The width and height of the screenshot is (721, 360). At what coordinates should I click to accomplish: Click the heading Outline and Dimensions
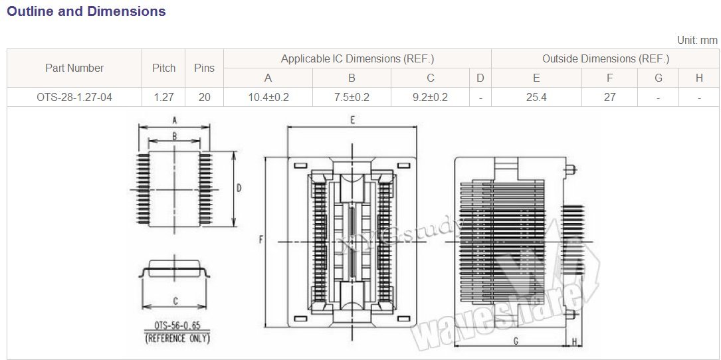tap(86, 11)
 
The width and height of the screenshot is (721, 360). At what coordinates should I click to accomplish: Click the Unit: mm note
tap(697, 40)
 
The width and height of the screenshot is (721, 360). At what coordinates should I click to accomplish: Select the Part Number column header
tap(74, 68)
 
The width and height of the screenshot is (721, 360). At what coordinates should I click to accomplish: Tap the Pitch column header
tap(164, 68)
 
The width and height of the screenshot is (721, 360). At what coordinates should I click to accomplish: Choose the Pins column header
tap(204, 68)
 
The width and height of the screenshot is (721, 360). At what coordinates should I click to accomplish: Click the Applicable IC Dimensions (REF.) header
tap(357, 58)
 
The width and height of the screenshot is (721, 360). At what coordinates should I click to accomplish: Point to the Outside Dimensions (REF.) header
tap(605, 58)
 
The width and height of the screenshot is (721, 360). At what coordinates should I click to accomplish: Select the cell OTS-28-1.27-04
tap(74, 97)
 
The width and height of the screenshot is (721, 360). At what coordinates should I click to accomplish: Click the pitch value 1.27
tap(163, 97)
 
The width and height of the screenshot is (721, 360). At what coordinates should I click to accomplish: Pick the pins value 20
tap(204, 97)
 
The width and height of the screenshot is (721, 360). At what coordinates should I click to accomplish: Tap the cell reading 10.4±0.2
tap(268, 97)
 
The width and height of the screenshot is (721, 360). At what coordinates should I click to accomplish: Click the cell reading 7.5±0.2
tap(352, 97)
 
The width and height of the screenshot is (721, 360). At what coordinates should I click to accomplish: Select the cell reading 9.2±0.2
tap(430, 97)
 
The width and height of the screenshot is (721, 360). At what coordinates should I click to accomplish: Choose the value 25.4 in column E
tap(536, 97)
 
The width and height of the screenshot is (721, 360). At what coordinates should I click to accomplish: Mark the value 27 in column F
tap(609, 97)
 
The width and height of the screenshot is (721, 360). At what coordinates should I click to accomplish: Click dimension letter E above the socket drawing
tap(352, 120)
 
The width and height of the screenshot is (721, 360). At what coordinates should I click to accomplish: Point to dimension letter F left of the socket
tap(261, 240)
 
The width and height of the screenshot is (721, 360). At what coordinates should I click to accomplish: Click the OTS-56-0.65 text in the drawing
tap(177, 327)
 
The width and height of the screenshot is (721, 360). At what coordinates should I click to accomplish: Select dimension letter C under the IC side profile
tap(175, 301)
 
